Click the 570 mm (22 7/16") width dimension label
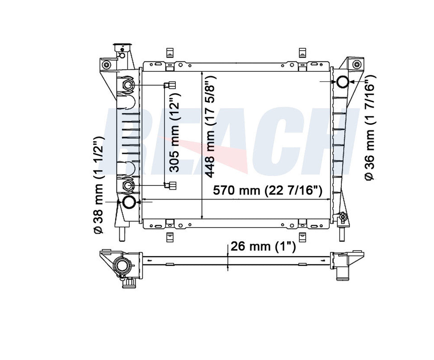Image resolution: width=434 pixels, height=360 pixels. pos(267,190)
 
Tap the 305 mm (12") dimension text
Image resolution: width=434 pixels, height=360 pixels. pos(175,133)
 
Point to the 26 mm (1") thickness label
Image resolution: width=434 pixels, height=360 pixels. pos(263,246)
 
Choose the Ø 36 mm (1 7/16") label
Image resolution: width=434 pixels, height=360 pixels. pos(370,128)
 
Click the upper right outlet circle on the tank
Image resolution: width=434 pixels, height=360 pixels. pos(342,82)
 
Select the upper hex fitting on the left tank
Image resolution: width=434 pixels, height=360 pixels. pos(128,85)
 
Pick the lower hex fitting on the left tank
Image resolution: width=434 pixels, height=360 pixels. pos(128,185)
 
